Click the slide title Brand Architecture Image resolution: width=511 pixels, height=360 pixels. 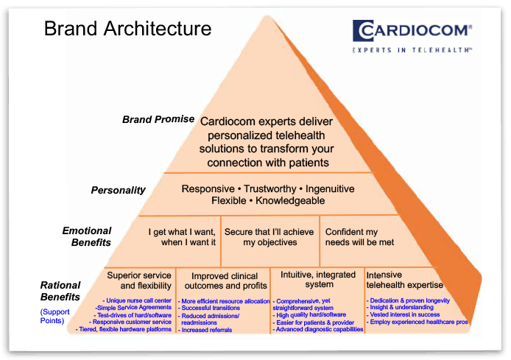pyautogui.click(x=127, y=29)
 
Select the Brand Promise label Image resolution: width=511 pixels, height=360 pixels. pyautogui.click(x=158, y=119)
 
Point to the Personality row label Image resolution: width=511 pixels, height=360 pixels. pyautogui.click(x=118, y=190)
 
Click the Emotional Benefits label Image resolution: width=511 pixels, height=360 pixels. pyautogui.click(x=87, y=236)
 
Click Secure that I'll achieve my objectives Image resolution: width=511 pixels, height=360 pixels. pyautogui.click(x=270, y=236)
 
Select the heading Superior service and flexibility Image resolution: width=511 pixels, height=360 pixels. pyautogui.click(x=139, y=280)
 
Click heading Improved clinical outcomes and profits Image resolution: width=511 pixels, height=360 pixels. pyautogui.click(x=225, y=280)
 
